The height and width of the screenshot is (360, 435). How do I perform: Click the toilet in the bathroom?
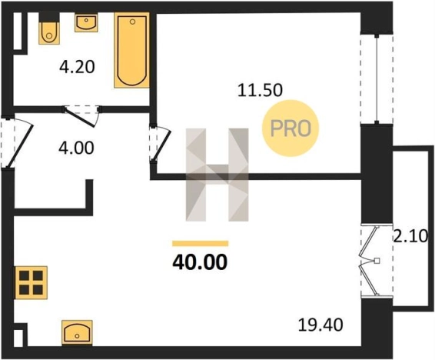tap(49, 28)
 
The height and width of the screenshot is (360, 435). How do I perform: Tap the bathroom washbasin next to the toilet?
tap(86, 23)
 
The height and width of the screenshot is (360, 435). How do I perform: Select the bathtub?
tap(131, 50)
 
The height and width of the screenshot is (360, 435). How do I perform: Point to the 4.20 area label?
tap(77, 68)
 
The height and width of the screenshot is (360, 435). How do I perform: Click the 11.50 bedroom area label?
tap(260, 90)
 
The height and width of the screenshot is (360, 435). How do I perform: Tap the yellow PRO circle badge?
tap(291, 128)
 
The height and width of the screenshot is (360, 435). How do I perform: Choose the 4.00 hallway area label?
tap(76, 148)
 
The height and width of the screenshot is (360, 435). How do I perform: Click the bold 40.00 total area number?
tap(200, 262)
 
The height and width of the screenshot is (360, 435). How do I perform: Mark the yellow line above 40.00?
tap(201, 243)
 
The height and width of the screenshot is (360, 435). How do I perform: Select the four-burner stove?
tap(32, 282)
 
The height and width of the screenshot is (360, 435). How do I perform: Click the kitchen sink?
tap(77, 333)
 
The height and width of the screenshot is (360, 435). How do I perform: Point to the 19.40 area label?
tap(320, 325)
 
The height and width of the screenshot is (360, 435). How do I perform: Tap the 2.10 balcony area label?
tap(413, 237)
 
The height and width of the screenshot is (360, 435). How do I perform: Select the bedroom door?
tap(160, 144)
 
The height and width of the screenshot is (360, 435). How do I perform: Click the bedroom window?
tap(377, 79)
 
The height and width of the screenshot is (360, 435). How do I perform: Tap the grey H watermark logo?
tap(217, 175)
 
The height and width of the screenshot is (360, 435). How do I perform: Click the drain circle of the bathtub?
tap(133, 22)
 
